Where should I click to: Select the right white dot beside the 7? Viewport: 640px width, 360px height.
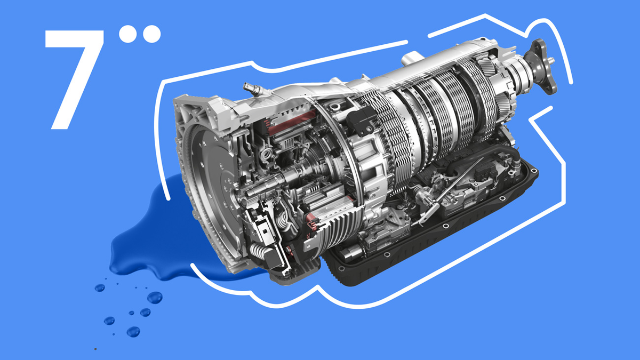(x=151, y=34)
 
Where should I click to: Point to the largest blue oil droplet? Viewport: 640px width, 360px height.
(x=155, y=298)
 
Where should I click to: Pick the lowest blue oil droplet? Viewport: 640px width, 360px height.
(x=133, y=332)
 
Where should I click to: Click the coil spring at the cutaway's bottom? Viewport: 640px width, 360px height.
(x=258, y=251)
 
